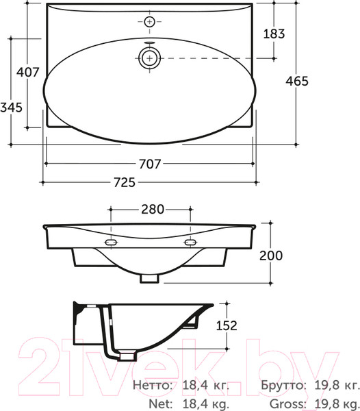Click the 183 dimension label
[x=274, y=34]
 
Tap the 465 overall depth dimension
[x=297, y=81]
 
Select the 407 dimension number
[x=28, y=72]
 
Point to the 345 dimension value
[x=11, y=108]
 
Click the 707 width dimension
[x=150, y=164]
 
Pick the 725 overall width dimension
[x=125, y=182]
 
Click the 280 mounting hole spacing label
[x=153, y=209]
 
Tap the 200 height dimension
[x=271, y=256]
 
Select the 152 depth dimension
[x=227, y=325]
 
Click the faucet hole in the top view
[x=149, y=21]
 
